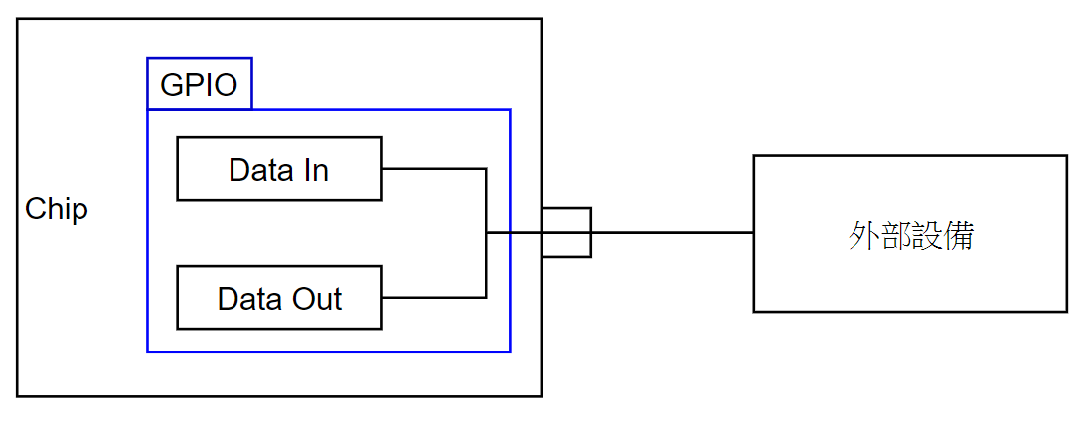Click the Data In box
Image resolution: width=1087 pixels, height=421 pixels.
click(x=278, y=169)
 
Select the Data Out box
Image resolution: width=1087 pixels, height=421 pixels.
click(x=278, y=298)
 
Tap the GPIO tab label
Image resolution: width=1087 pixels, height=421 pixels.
click(x=199, y=85)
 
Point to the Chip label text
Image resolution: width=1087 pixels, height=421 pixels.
click(x=57, y=210)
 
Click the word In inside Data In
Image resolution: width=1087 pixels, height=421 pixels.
click(x=314, y=170)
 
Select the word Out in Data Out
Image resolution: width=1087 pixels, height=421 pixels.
click(x=316, y=299)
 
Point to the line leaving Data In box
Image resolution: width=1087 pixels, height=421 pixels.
click(x=432, y=169)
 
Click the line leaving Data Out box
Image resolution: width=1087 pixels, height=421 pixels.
click(x=432, y=297)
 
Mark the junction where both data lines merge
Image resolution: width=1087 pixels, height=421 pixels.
click(x=486, y=233)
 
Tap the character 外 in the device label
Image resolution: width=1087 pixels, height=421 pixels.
click(x=862, y=236)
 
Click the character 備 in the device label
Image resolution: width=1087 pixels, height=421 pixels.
click(x=959, y=236)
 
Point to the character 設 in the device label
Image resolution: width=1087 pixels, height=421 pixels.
click(x=926, y=236)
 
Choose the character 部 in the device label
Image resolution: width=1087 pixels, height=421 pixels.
click(x=894, y=236)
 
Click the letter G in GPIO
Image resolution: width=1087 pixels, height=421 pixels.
click(x=171, y=85)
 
